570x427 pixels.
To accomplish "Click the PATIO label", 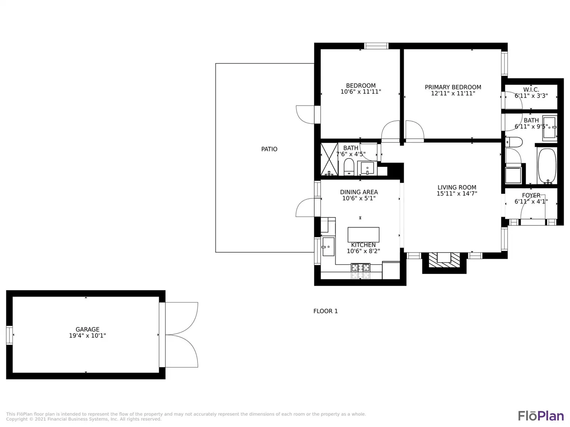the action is [269, 149].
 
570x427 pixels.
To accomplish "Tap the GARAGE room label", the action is [87, 329].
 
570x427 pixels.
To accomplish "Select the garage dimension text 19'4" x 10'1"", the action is [87, 336].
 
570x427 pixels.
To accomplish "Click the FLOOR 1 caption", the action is [325, 311].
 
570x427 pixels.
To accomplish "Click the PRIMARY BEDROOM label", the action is [453, 87].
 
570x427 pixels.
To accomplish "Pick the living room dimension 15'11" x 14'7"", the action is [457, 193].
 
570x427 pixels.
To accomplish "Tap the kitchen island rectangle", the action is [363, 234].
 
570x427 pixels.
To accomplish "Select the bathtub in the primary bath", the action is [547, 166].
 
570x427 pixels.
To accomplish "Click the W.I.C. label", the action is [531, 90].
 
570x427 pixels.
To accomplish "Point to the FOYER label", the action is [531, 195].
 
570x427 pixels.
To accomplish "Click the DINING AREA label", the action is [359, 192].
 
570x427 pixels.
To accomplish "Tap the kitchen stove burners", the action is [361, 267].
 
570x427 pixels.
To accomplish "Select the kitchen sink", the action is [328, 247].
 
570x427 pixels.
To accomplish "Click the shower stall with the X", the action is [329, 159].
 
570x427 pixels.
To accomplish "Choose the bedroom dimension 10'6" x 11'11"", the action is [361, 92].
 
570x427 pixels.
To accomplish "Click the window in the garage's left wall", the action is [9, 335].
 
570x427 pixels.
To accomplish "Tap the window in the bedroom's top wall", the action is [376, 46].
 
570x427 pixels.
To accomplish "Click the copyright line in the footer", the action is [84, 419].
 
